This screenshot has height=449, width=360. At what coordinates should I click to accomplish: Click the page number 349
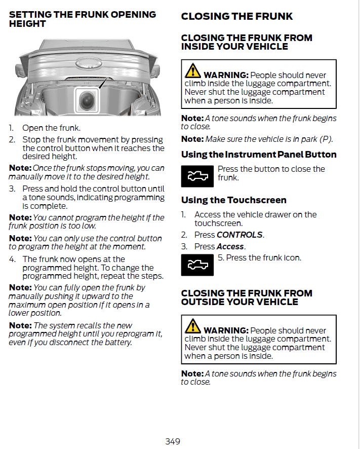(x=173, y=441)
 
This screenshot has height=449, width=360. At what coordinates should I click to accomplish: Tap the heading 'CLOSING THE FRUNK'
(x=236, y=16)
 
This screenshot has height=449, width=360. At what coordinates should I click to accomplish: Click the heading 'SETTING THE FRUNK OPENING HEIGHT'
(x=83, y=19)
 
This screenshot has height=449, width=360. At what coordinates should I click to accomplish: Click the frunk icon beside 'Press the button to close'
(x=197, y=175)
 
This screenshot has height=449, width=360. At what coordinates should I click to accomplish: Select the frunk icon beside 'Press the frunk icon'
(x=197, y=264)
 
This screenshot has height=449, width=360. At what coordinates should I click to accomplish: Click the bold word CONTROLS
(x=239, y=235)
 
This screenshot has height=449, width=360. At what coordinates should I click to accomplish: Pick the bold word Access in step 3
(x=230, y=246)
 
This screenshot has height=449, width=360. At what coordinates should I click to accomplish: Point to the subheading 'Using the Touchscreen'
(x=233, y=200)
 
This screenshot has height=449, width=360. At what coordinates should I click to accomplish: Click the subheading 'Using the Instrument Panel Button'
(x=259, y=155)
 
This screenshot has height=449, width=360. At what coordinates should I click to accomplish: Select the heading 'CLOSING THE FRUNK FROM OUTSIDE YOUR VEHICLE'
(x=247, y=297)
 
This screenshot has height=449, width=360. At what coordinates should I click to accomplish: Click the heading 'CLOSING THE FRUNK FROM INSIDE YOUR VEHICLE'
(x=247, y=42)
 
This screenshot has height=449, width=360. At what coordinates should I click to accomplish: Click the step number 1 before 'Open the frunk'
(x=11, y=128)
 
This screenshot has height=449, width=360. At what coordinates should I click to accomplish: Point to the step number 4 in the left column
(x=12, y=259)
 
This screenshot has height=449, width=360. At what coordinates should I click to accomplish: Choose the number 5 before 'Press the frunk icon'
(x=220, y=258)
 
